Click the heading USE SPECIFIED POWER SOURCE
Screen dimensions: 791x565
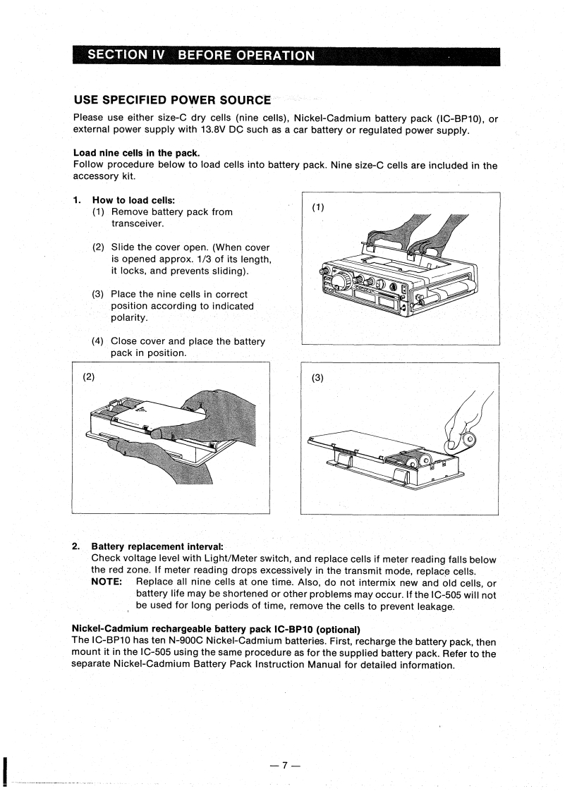tap(171, 101)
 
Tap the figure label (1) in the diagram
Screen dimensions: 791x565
tap(318, 207)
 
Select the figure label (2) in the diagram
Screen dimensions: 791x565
tap(90, 376)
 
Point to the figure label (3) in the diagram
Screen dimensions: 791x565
tap(317, 377)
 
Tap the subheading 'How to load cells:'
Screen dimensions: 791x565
tap(134, 200)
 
